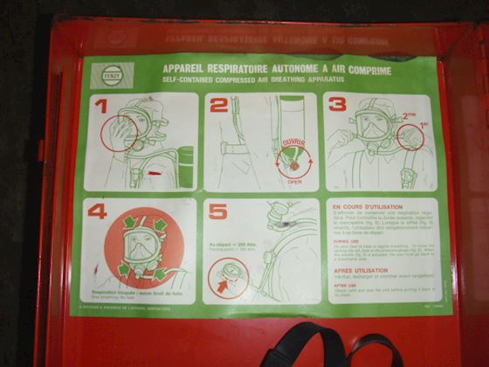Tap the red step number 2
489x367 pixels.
pyautogui.click(x=217, y=105)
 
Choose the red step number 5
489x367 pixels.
pyautogui.click(x=218, y=211)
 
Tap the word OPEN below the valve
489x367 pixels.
pyautogui.click(x=294, y=182)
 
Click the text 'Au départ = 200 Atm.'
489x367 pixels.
pyautogui.click(x=236, y=244)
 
